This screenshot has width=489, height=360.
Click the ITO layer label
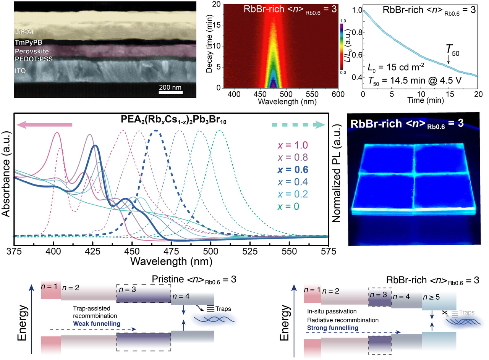[20, 70]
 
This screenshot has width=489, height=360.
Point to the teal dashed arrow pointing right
[298, 125]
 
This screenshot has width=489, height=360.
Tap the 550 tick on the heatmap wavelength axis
[313, 94]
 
